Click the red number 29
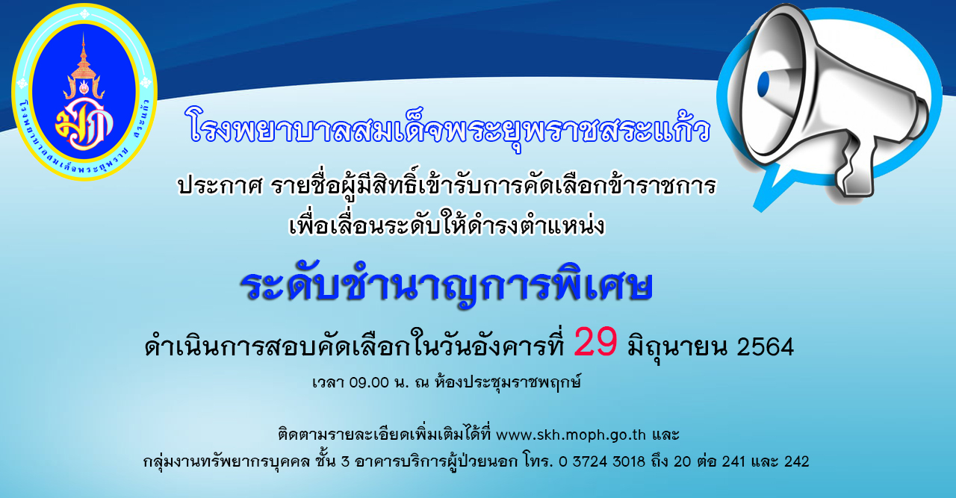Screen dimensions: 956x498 tap(595, 342)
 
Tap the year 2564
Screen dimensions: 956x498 tap(766, 347)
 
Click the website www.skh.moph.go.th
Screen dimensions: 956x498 tap(571, 435)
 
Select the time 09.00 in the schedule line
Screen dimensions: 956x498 tap(369, 382)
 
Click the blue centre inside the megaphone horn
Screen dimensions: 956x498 tap(763, 84)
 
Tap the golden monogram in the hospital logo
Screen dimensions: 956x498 tap(84, 125)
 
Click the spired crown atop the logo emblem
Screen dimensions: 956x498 tap(84, 68)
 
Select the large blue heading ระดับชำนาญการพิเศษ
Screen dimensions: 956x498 tap(447, 287)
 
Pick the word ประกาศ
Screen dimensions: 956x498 tap(220, 187)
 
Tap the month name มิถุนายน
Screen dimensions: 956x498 tap(677, 348)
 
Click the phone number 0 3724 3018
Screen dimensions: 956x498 tap(602, 461)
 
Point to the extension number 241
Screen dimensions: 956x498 tap(733, 461)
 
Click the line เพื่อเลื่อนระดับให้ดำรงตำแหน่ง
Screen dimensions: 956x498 tap(447, 225)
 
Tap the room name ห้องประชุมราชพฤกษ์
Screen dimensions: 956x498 tap(507, 382)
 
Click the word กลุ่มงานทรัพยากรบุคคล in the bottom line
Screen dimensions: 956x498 tap(226, 462)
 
